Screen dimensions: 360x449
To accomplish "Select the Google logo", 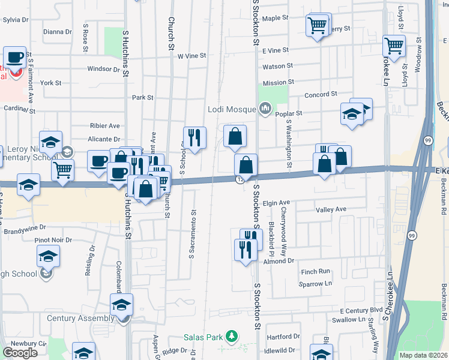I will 20,353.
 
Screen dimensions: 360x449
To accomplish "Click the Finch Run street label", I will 316,272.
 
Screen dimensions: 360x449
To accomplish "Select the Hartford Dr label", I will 283,337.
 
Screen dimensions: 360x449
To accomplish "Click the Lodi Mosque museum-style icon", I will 265,109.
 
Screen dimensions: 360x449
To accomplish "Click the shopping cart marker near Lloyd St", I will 394,46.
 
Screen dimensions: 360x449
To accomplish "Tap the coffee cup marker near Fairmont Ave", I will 14,58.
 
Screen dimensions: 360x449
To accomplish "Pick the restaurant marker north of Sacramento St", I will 194,137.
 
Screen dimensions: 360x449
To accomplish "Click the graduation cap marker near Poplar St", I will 352,114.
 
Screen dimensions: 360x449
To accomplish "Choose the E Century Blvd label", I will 361,310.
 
